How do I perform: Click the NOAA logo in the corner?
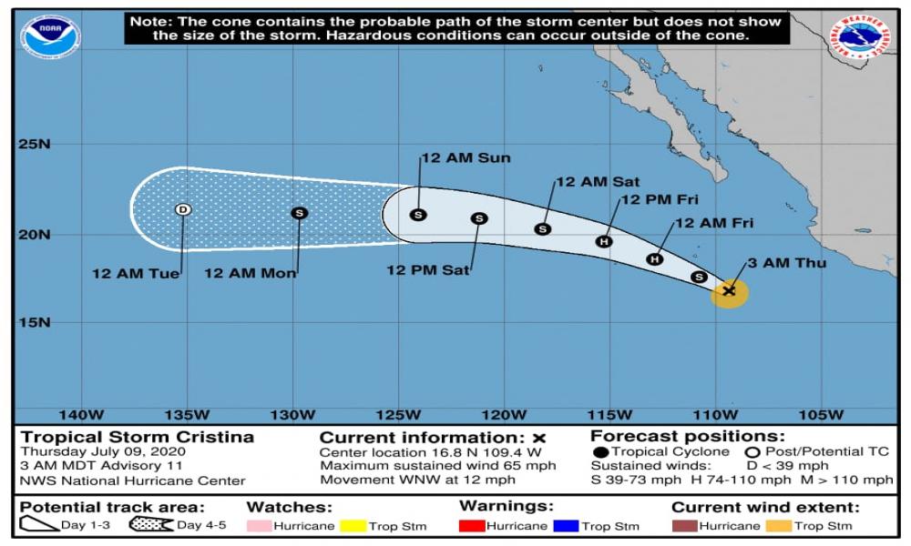[51, 37]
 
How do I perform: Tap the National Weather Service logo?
[860, 39]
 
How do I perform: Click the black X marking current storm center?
[729, 290]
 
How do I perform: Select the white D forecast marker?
[183, 209]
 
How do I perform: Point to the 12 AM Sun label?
[466, 157]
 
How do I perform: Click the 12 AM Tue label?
[136, 272]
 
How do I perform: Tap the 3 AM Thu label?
[787, 263]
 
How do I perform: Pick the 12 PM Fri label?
[658, 200]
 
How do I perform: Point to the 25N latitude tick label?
[37, 144]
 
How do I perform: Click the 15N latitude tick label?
[37, 322]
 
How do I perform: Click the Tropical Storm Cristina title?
[138, 437]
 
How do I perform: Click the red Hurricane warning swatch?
[471, 525]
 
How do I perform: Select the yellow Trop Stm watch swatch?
[354, 525]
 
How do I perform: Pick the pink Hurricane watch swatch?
[260, 525]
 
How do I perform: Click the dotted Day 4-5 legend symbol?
[151, 524]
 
